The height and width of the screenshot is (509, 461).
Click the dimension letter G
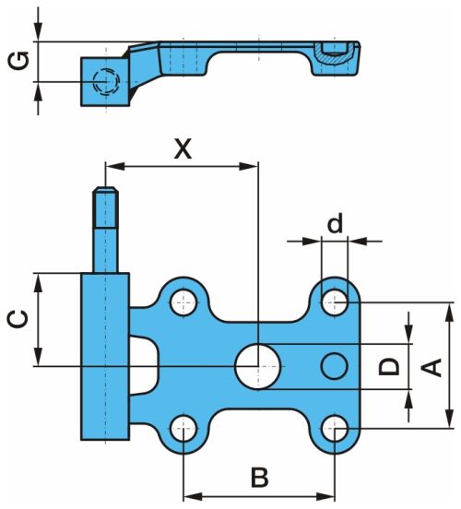point(18,60)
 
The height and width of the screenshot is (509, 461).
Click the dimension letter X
point(183,149)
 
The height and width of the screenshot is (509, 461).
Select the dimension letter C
point(18,319)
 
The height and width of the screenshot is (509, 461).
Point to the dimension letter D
point(389,366)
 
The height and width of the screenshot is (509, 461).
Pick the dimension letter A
point(431,368)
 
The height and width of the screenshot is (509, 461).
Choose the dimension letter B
point(260,478)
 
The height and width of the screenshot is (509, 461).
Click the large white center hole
point(258,366)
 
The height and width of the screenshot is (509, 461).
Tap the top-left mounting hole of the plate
point(183,302)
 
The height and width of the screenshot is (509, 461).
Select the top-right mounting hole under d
point(335,302)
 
